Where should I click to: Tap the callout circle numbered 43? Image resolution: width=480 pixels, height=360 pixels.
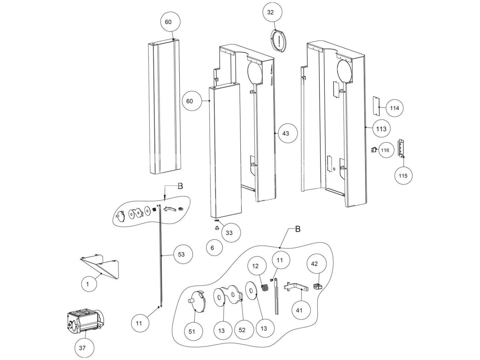point(286,133)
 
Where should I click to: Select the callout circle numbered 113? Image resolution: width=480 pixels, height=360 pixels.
point(381,129)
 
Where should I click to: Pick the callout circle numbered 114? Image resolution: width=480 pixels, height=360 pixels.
point(394,108)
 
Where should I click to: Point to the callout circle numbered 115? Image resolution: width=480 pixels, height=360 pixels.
point(403,175)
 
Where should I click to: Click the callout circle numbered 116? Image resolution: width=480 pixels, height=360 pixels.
point(385,150)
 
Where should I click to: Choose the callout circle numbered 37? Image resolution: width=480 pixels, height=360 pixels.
point(82,348)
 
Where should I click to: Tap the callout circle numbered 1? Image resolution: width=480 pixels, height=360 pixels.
point(87,284)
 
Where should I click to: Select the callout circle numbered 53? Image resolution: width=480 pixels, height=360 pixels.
point(181,255)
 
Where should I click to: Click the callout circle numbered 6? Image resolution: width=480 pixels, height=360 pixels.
point(212,248)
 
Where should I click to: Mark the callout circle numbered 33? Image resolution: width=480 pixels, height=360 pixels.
point(229,232)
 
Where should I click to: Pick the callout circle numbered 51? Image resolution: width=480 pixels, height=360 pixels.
point(192,331)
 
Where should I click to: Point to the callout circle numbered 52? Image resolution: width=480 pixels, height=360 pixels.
point(242,330)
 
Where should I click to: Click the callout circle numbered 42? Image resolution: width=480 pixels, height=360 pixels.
point(314,264)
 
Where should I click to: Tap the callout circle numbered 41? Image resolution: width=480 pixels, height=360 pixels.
point(299,310)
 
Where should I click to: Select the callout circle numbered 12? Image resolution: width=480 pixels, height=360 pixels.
point(255,266)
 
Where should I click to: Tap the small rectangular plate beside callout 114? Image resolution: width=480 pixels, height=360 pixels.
point(375,106)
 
